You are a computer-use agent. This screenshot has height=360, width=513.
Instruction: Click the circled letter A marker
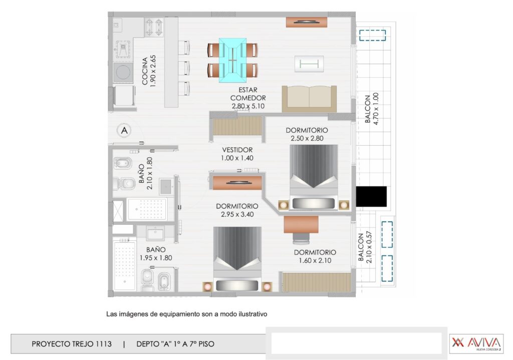[124, 130]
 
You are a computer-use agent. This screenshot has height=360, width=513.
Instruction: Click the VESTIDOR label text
[237, 150]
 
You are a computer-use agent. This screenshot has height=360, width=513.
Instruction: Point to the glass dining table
[233, 60]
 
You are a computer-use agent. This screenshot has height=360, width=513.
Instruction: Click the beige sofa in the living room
[309, 98]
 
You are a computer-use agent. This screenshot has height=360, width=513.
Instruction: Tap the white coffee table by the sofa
[309, 63]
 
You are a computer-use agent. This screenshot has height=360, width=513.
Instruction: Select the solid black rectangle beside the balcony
[371, 196]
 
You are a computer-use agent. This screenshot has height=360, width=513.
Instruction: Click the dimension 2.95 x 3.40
[237, 214]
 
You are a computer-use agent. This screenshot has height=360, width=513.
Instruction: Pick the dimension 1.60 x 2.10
[315, 260]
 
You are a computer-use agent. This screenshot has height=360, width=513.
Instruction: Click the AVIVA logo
[475, 343]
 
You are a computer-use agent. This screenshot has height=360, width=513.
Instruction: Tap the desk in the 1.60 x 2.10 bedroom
[301, 224]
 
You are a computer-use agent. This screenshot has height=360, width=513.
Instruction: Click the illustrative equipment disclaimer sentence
[187, 314]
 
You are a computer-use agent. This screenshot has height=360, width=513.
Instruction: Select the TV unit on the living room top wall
[307, 22]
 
